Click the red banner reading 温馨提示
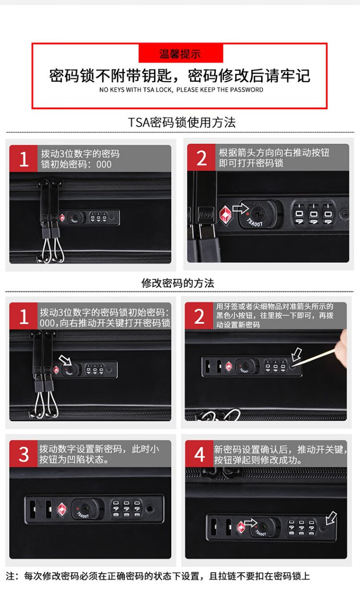click(x=180, y=54)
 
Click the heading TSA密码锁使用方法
click(x=182, y=122)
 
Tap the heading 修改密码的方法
click(x=178, y=283)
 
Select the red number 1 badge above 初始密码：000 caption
click(x=24, y=158)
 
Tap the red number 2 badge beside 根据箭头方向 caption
click(x=201, y=157)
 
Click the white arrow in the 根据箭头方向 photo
click(x=240, y=208)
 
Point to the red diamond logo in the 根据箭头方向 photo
click(x=226, y=215)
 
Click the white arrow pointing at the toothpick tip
click(x=297, y=354)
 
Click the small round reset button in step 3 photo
click(x=150, y=508)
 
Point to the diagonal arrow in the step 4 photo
click(x=331, y=518)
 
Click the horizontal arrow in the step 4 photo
click(x=251, y=523)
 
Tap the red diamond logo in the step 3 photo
click(x=62, y=509)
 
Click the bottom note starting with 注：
click(x=158, y=576)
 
